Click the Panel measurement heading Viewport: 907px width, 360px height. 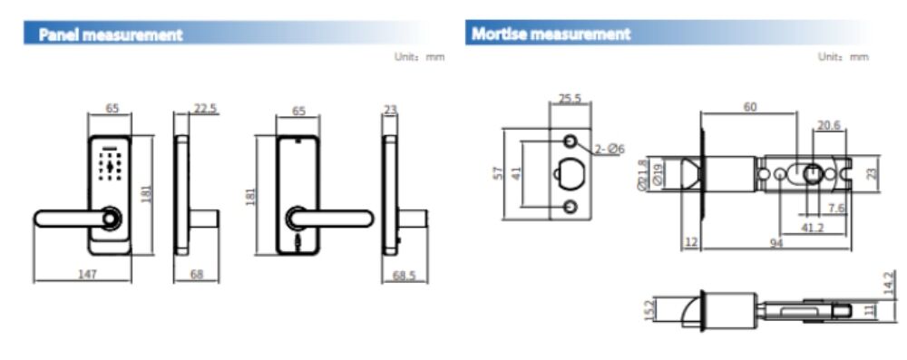[111, 34]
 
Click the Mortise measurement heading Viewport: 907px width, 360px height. [551, 34]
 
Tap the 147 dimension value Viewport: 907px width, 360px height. [87, 274]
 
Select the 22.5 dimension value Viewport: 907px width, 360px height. [205, 108]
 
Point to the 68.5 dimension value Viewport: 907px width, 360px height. [405, 276]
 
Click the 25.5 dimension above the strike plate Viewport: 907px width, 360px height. [570, 99]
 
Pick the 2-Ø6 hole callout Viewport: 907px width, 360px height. [610, 150]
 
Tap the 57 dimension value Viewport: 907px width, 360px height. [495, 173]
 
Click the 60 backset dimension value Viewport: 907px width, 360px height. [750, 107]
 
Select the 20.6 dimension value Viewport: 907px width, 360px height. [829, 125]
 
